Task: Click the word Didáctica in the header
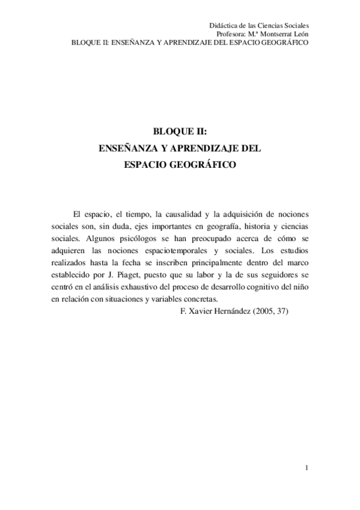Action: coord(223,26)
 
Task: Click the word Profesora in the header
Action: coord(231,35)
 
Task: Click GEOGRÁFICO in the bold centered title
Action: coord(203,163)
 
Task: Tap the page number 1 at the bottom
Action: coord(307,468)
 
